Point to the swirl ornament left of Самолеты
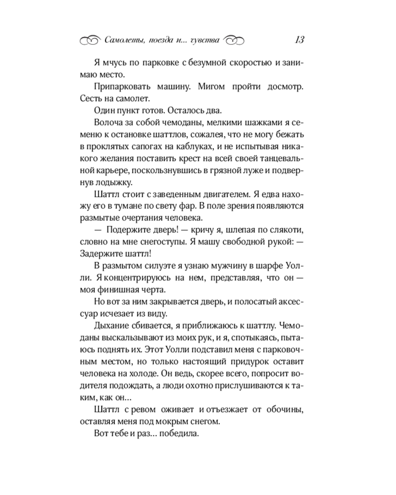tap(90, 41)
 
